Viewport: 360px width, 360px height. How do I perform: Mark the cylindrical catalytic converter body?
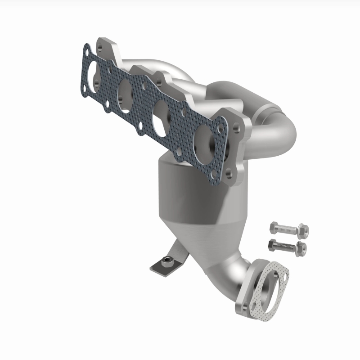click(189, 189)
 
